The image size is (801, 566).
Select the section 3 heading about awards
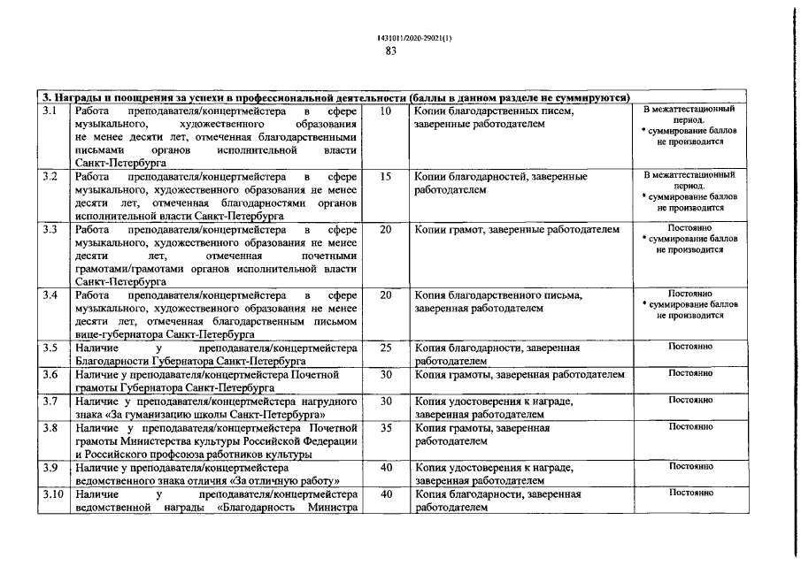tap(336, 97)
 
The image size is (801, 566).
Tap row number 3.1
tap(50, 111)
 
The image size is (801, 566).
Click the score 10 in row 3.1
tap(385, 111)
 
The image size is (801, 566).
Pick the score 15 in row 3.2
tap(385, 177)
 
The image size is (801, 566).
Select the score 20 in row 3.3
tap(385, 230)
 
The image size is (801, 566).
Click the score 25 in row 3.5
tap(385, 348)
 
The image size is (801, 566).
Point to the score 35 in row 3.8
tap(385, 428)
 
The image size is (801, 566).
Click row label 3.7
tap(50, 402)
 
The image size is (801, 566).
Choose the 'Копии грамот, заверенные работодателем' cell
tap(517, 230)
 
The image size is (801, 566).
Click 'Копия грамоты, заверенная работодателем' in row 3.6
tap(520, 375)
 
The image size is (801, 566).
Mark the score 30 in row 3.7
tap(385, 402)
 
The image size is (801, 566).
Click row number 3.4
tap(50, 295)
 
